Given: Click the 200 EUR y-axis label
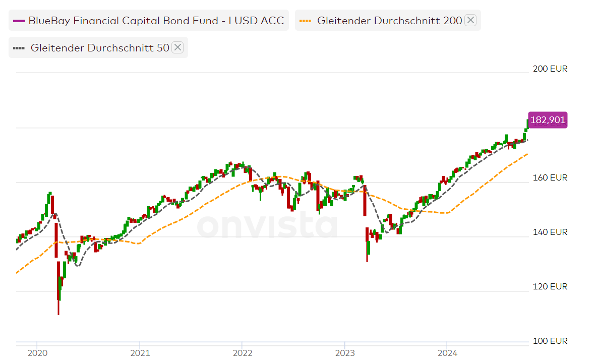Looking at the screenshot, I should [x=550, y=69].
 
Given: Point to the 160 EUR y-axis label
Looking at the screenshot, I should [x=550, y=177].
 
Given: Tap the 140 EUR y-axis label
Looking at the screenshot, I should [x=550, y=232].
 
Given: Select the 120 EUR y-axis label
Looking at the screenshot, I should [x=550, y=286].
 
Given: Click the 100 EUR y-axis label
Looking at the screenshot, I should [x=550, y=341].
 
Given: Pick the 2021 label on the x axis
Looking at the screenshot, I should [x=140, y=352].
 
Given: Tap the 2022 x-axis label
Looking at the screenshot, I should [x=242, y=352].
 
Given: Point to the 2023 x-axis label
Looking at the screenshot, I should [x=344, y=352].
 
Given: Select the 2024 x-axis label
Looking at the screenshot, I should [x=447, y=352].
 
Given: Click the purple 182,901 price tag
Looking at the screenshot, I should [x=548, y=120].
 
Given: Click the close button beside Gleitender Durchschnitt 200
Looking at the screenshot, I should [x=470, y=20].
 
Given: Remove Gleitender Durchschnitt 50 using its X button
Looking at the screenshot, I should [x=177, y=47].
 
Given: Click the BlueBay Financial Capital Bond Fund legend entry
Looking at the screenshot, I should [x=156, y=21].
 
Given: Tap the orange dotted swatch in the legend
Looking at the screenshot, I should [x=305, y=21].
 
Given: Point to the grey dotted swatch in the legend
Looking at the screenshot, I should [x=19, y=48].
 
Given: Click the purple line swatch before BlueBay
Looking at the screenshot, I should [x=19, y=21].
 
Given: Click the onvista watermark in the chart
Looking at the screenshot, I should [x=267, y=225].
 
